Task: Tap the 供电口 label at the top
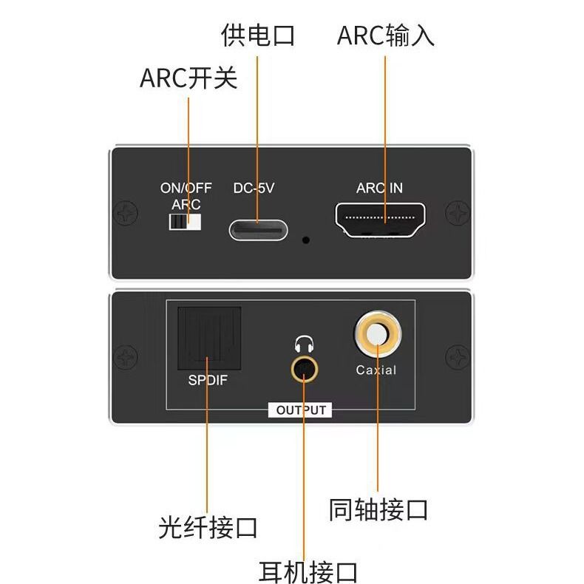coord(258,35)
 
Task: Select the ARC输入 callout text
coord(385,35)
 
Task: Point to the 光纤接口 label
coord(208,528)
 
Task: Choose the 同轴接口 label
coord(378,509)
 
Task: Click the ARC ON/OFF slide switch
coord(186,222)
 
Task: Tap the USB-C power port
coord(258,229)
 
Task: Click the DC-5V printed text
coord(254,189)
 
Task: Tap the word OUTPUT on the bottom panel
coord(301,410)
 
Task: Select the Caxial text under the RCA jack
coord(376,370)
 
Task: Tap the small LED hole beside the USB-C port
coord(305,240)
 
